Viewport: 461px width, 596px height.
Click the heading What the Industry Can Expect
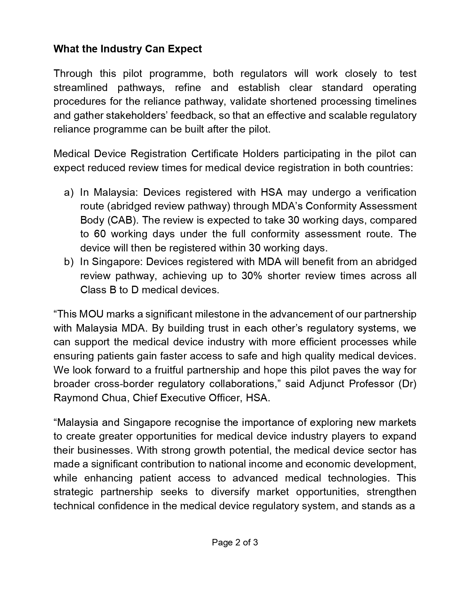(128, 49)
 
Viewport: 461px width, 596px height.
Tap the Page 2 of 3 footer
(235, 542)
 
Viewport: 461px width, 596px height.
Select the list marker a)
(69, 192)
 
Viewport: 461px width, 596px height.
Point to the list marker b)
(69, 262)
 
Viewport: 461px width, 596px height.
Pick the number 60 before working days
(100, 234)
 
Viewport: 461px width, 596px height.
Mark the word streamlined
(81, 88)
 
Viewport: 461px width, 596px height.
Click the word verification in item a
(391, 192)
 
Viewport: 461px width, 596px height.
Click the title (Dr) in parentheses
(407, 384)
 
